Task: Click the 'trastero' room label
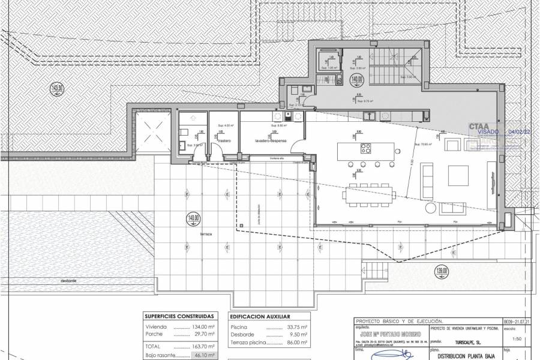pyautogui.click(x=224, y=141)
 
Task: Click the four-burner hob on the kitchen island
pyautogui.click(x=364, y=148)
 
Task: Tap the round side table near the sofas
pyautogui.click(x=431, y=208)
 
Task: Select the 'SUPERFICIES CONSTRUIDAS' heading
pyautogui.click(x=179, y=316)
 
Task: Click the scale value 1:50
pyautogui.click(x=509, y=339)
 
